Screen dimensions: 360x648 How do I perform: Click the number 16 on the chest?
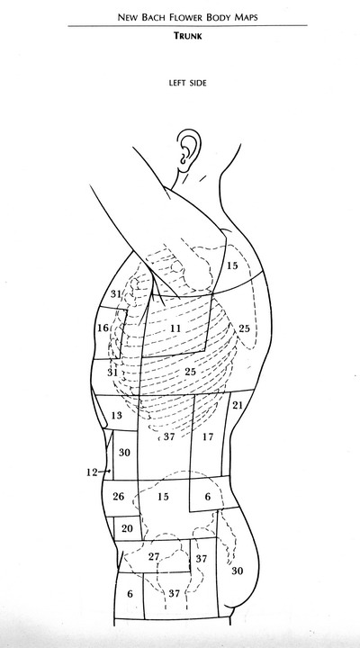pos(103,328)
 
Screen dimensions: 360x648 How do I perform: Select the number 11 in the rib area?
pos(175,328)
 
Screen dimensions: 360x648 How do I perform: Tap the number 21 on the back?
pos(238,405)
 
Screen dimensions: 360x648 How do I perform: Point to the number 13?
pos(117,415)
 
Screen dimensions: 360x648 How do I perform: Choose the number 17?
pos(208,436)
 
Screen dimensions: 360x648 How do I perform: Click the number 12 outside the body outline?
pos(92,472)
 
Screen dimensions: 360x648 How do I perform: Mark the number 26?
pos(118,496)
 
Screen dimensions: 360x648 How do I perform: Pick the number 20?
pos(127,528)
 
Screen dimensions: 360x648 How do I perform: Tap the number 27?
pos(154,557)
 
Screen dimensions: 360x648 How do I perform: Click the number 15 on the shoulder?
pos(232,265)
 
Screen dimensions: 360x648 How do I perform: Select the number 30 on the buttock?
pos(238,571)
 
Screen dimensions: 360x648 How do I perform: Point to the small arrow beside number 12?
pos(104,471)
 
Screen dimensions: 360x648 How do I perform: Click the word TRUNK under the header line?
pos(187,36)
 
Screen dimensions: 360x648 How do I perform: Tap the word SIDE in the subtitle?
pos(198,83)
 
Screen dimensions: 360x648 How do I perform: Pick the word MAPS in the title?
pos(246,17)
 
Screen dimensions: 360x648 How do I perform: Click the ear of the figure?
pos(188,150)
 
